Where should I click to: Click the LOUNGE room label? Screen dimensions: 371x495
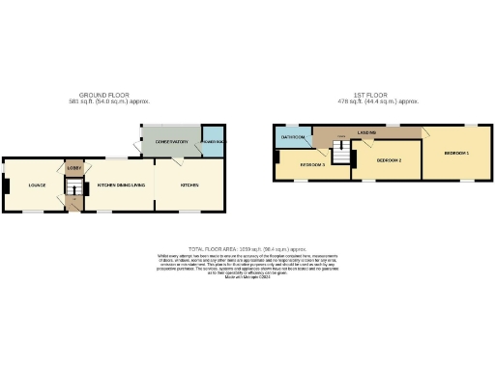point(37,185)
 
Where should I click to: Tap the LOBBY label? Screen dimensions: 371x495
point(74,167)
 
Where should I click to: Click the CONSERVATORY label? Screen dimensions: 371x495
point(171,142)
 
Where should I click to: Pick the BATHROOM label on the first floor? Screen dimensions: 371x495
point(293,138)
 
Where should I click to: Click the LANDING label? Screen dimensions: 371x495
point(365,133)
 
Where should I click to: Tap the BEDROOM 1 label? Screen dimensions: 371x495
point(455,153)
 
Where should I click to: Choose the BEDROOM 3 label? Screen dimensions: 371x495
point(311,165)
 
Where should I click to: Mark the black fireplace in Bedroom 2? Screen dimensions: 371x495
point(354,159)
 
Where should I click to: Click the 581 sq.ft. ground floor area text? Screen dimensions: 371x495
point(108,101)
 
